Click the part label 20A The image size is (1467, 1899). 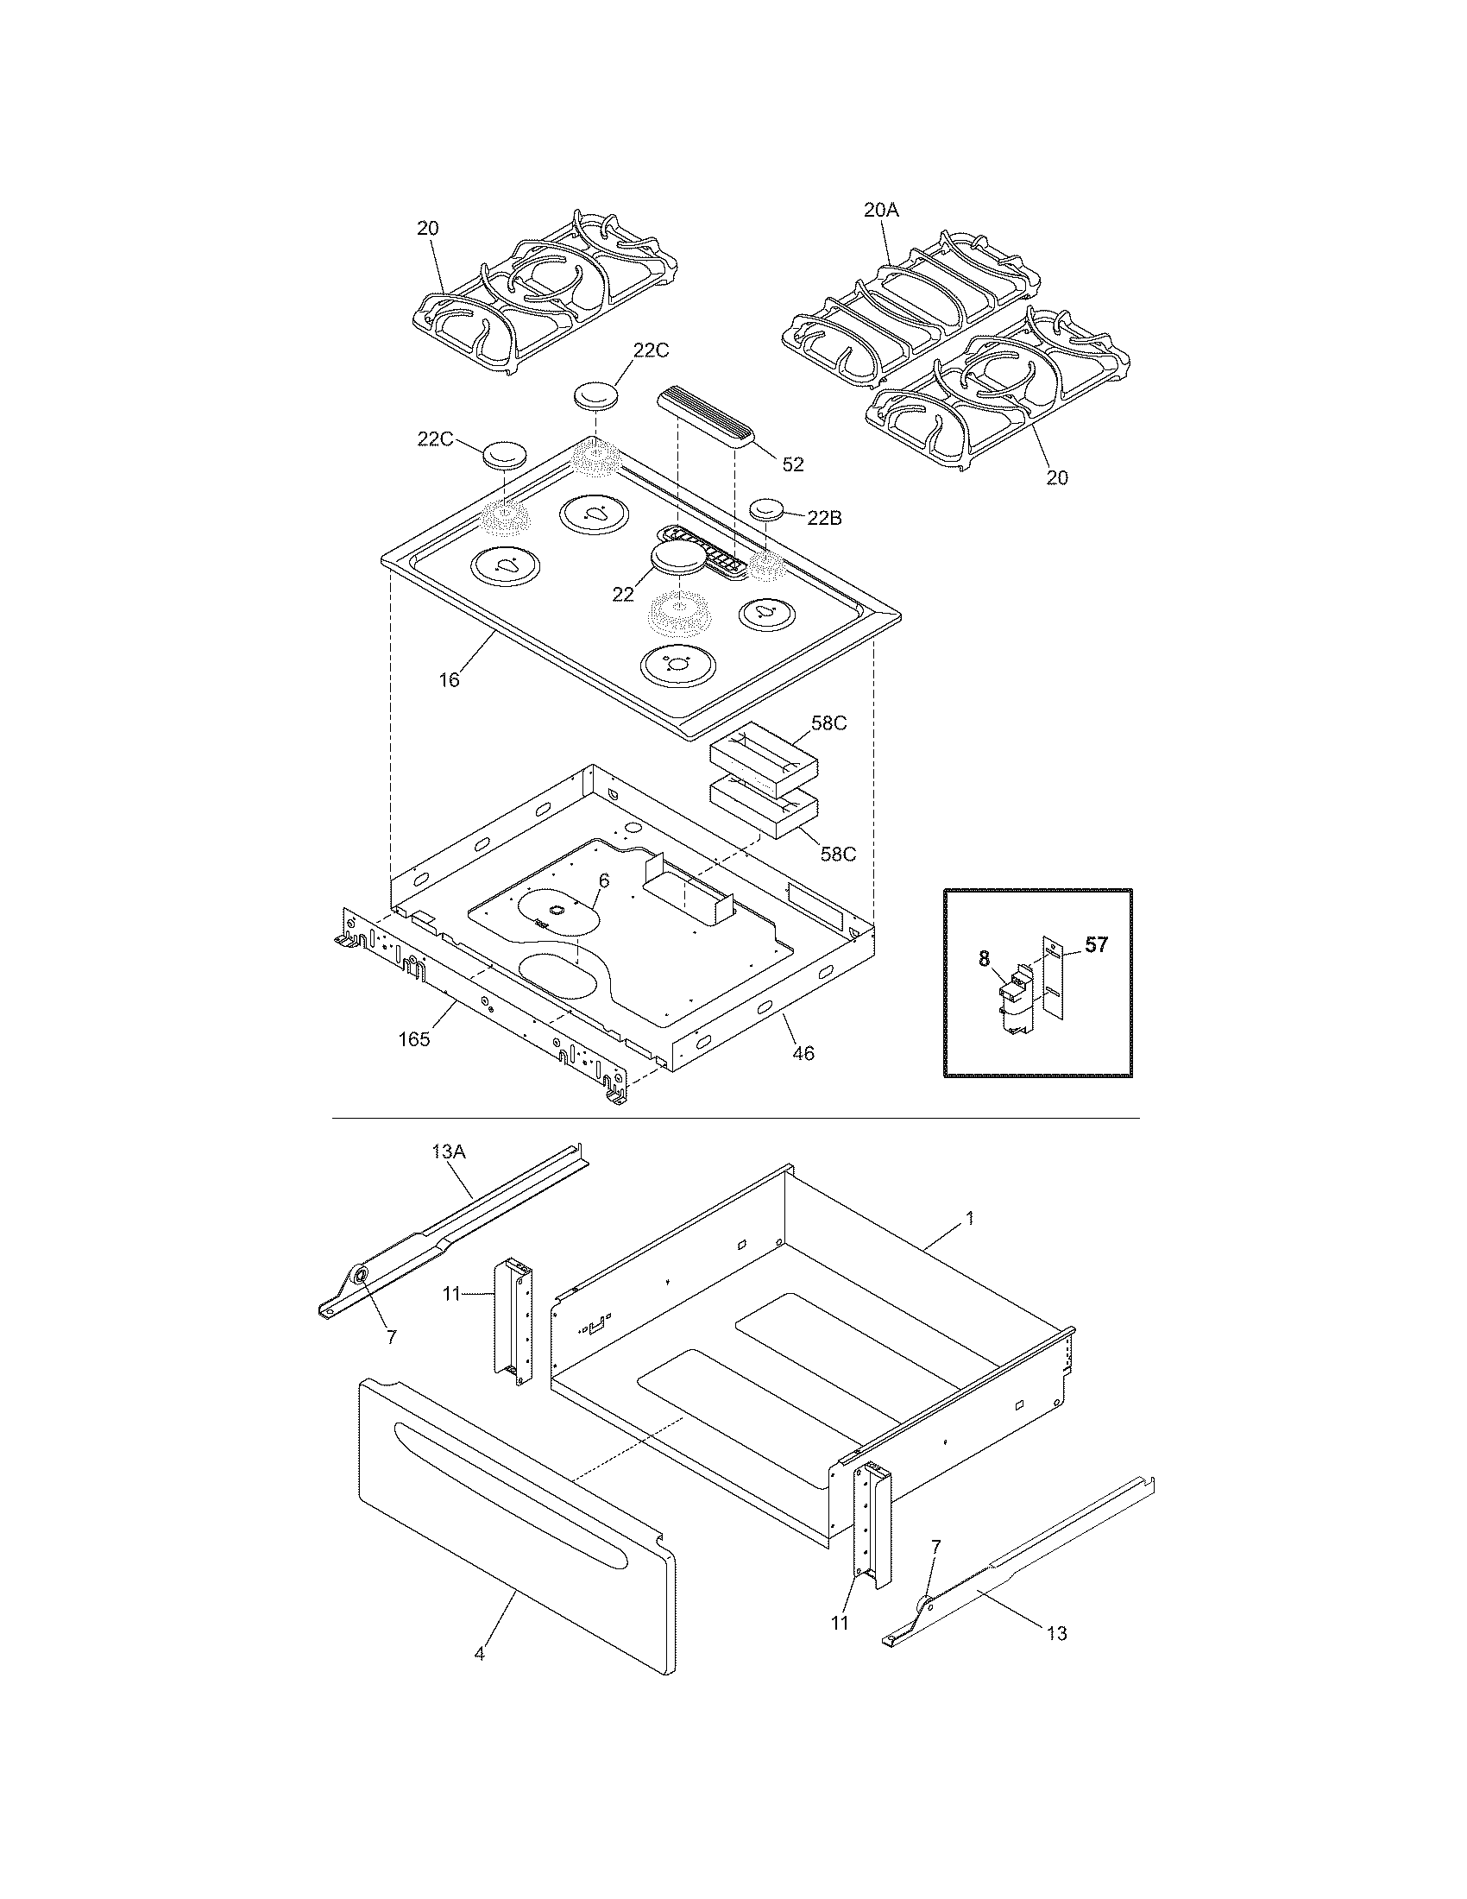pos(880,209)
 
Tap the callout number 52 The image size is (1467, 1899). pos(792,464)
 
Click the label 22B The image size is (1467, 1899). pos(824,518)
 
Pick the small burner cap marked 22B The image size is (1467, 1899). pos(766,508)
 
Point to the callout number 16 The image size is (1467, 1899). pos(449,680)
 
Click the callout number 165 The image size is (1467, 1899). pos(413,1039)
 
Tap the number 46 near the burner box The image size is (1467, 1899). pos(804,1053)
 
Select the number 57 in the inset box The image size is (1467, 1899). pos(1097,944)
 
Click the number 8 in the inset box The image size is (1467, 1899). pos(984,958)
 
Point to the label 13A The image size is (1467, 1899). pos(449,1152)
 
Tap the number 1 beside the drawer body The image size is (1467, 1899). pos(970,1219)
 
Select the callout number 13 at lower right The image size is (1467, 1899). pos(1056,1634)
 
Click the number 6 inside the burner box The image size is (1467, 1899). pos(603,880)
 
